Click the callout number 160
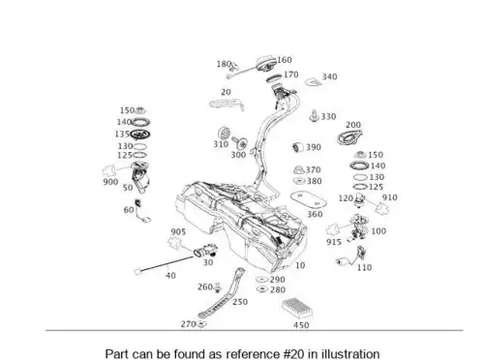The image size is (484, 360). pos(285,60)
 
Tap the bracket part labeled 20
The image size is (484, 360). pos(226,105)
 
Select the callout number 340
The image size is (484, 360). pos(329,76)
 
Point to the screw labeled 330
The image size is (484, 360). pos(314,116)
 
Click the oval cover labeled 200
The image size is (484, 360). pos(349,137)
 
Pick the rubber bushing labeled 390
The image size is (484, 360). pos(298,147)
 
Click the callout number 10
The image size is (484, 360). pos(300,265)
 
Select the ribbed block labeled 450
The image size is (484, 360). pos(297,308)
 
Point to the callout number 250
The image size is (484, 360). pos(240,302)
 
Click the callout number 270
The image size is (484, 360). pos(188,324)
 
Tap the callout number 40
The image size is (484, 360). pos(170,276)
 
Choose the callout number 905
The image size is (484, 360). pos(178,231)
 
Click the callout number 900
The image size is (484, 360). pos(110,182)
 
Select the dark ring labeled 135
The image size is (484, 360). pos(140,134)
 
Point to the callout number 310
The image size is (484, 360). pos(221,144)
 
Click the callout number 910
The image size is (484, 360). pos(390,197)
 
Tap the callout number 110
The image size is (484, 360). pos(364,267)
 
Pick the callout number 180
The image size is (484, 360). pos(224,64)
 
